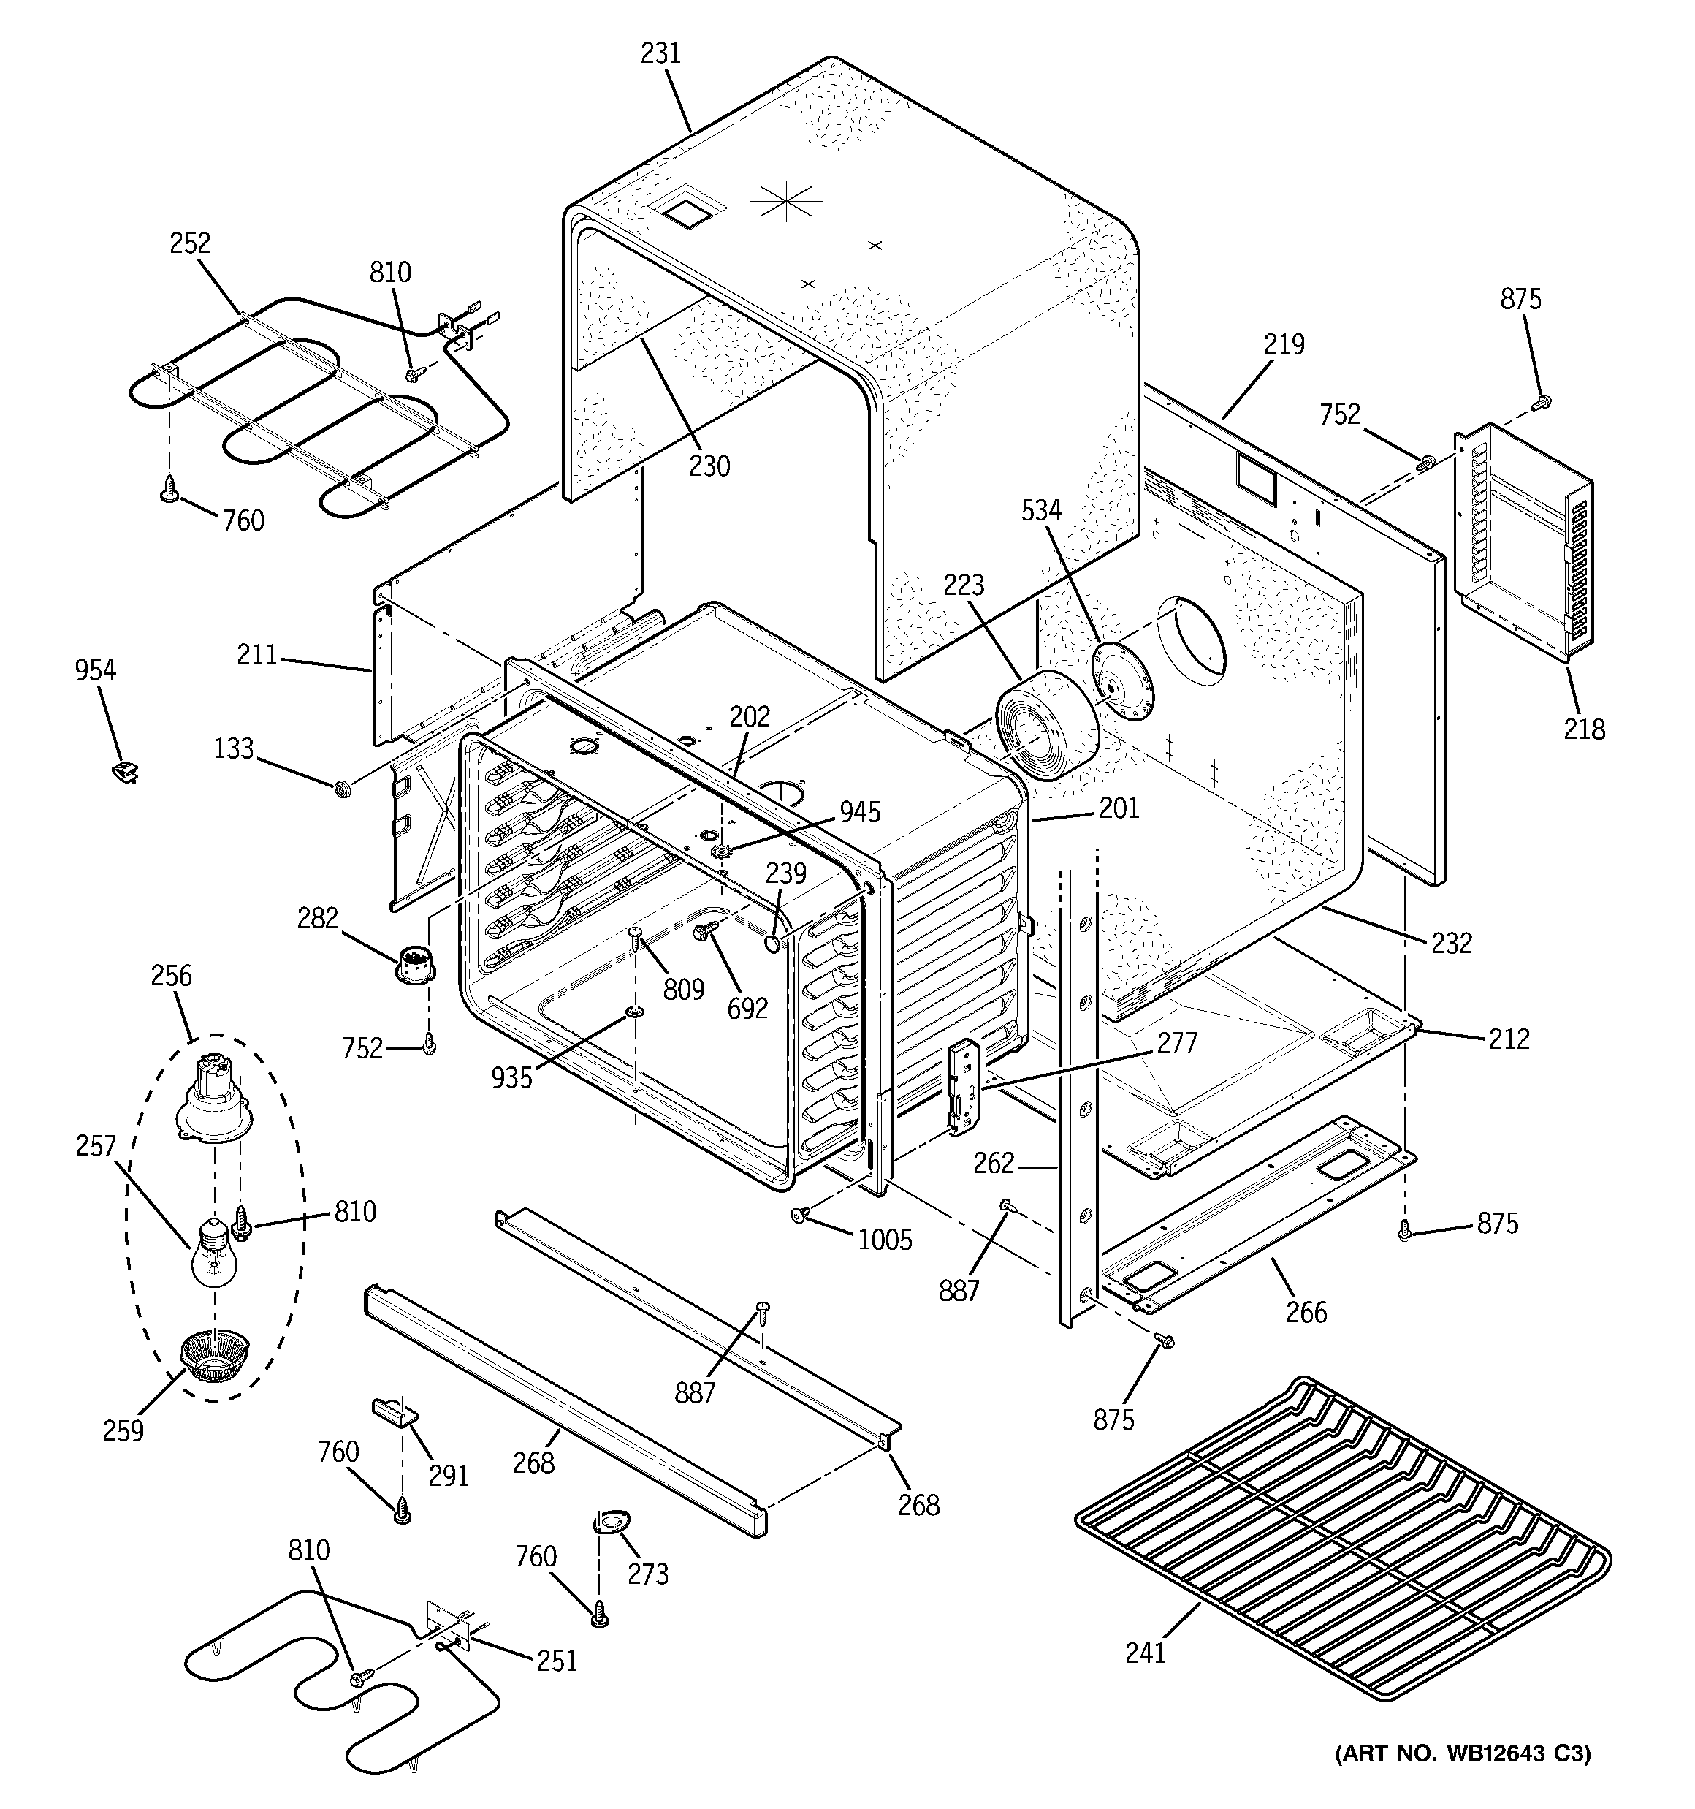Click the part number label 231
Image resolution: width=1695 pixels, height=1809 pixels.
pos(660,53)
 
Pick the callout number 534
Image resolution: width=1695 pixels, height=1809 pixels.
pos(1041,510)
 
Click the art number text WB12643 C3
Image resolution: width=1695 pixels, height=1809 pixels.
pos(1462,1753)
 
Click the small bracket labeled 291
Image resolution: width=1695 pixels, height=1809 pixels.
pos(394,1412)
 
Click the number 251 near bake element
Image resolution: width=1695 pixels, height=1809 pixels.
pos(556,1661)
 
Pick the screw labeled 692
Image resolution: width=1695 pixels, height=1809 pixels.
pos(706,930)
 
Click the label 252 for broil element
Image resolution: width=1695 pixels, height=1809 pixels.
pos(189,243)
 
